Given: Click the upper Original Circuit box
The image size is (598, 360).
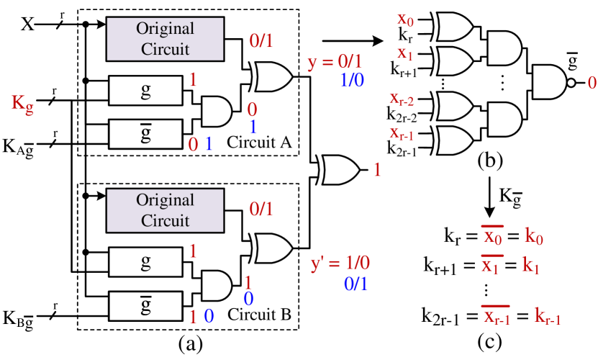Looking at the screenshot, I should click(x=165, y=39).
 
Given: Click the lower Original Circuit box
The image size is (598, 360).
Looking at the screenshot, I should click(x=165, y=210).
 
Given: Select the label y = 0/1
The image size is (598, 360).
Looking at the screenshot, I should click(x=335, y=62).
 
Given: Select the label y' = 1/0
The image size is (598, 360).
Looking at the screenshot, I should click(x=340, y=263).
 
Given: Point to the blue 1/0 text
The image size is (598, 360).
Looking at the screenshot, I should click(x=352, y=80).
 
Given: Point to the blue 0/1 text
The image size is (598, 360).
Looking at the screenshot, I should click(x=355, y=284).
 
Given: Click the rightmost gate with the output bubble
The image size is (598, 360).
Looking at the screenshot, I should click(x=549, y=82).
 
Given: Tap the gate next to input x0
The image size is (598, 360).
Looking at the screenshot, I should click(x=454, y=27).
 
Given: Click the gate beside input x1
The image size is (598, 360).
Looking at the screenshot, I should click(x=454, y=61).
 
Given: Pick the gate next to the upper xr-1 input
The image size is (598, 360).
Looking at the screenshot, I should click(x=454, y=140).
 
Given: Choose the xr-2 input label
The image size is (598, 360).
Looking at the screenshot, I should click(x=402, y=99).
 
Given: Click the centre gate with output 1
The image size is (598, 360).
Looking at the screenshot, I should click(x=340, y=170).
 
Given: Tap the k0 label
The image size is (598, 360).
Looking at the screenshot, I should click(x=534, y=236).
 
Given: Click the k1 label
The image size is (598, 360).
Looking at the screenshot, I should click(x=531, y=266).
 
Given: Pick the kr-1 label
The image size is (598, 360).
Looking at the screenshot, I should click(x=547, y=316).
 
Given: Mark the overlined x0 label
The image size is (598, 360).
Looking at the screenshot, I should click(x=493, y=237).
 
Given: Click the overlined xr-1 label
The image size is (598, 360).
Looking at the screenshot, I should click(x=496, y=317).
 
